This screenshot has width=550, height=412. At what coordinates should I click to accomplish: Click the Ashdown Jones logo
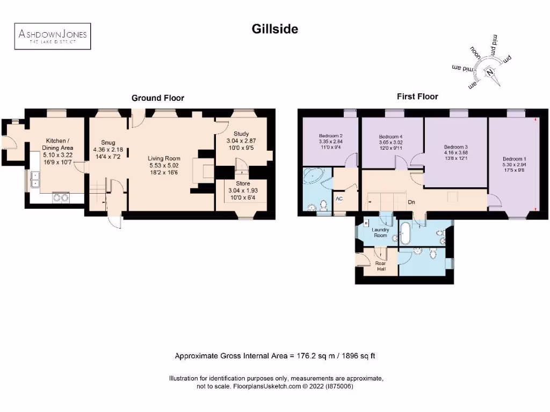pos(52,36)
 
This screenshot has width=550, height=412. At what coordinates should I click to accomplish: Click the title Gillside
pos(275,29)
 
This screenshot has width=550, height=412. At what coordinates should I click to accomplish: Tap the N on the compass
pos(489,73)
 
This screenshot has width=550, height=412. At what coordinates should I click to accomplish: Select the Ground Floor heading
pos(158,98)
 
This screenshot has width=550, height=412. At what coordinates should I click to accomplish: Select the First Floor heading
pos(417,97)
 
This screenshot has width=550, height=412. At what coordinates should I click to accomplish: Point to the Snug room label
pos(108,143)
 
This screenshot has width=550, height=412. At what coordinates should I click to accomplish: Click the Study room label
pos(241,134)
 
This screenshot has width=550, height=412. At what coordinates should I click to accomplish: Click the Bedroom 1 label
pos(513,159)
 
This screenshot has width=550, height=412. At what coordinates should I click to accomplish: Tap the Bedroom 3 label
pos(456,146)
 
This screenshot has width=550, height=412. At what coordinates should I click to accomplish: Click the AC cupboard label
pos(339,198)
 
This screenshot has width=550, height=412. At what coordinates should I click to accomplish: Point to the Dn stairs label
pos(411,203)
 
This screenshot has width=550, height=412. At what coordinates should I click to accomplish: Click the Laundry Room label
pos(380,232)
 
